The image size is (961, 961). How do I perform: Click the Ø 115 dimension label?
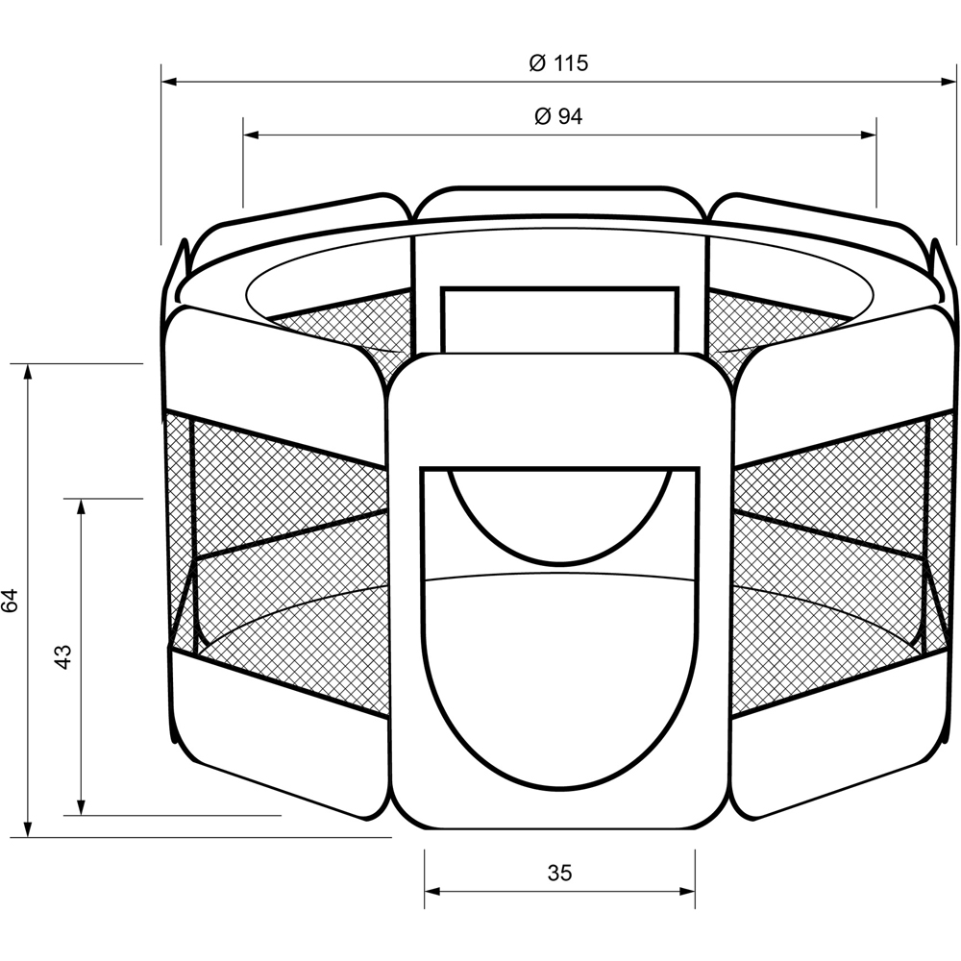558,63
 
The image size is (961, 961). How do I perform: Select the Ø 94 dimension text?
558,116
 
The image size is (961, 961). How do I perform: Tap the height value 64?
11,601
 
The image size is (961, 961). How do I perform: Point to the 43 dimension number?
63,656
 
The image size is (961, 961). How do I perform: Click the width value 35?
559,873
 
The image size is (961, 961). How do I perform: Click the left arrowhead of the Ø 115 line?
169,82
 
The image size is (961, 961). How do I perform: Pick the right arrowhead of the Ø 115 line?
949,82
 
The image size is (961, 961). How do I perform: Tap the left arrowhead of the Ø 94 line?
251,135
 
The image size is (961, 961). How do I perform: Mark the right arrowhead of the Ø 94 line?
869,135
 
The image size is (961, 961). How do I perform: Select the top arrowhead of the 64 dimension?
28,372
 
